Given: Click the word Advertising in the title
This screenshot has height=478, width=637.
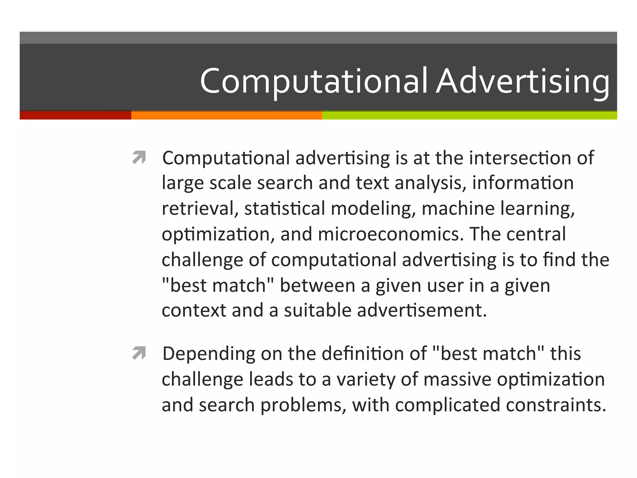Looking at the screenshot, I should click(523, 82).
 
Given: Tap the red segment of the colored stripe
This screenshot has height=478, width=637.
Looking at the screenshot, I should click(75, 115).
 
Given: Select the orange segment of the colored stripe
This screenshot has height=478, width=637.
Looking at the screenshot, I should click(226, 115).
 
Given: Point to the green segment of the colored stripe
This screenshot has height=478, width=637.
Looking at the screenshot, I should click(470, 115).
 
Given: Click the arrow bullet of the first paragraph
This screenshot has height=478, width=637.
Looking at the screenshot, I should click(139, 157).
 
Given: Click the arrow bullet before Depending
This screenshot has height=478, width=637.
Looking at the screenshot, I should click(139, 353).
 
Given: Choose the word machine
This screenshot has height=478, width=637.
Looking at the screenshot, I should click(458, 208).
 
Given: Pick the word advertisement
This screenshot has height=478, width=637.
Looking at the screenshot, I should click(422, 310).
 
